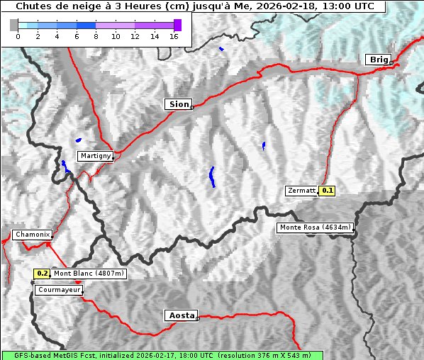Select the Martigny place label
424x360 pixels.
click(95, 156)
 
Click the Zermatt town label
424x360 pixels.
click(301, 191)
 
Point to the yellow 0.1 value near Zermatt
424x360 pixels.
click(327, 191)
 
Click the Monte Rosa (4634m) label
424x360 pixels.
click(315, 227)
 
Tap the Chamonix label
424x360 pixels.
click(32, 235)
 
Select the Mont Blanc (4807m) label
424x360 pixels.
click(89, 274)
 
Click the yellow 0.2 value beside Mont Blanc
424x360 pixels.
click(43, 274)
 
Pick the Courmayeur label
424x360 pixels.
click(59, 290)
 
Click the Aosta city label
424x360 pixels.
click(180, 315)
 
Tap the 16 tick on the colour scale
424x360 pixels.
click(173, 36)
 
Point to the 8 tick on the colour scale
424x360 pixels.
click(96, 36)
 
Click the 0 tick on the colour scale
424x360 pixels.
click(18, 36)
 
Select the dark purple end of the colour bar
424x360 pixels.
click(177, 25)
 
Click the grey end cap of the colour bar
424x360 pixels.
click(13, 25)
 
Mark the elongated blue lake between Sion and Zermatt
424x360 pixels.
click(212, 176)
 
